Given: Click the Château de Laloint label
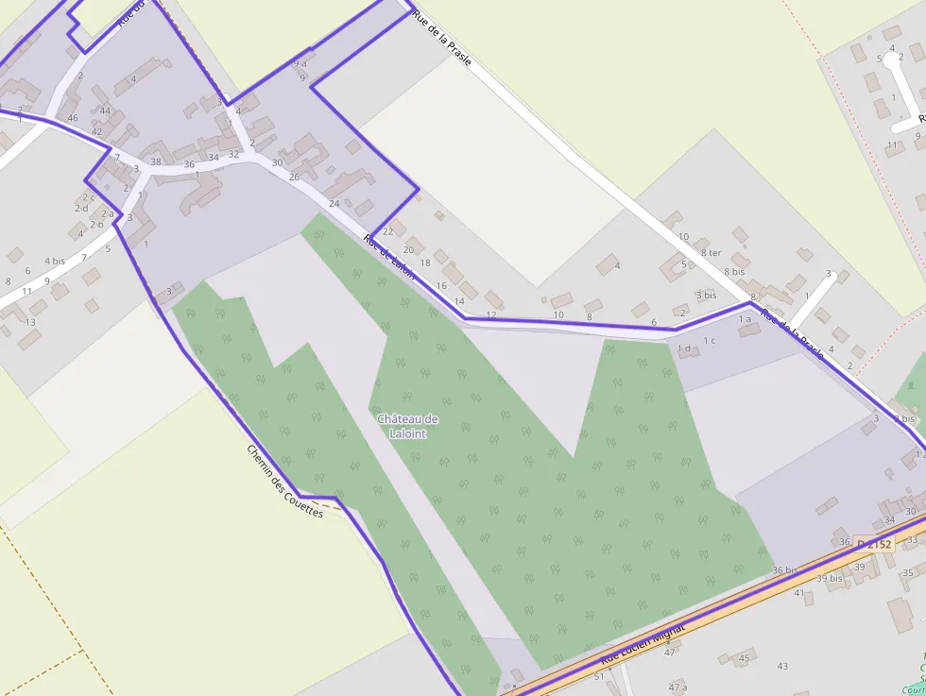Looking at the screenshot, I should pyautogui.click(x=407, y=426).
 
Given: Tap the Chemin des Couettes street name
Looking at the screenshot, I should pyautogui.click(x=284, y=481).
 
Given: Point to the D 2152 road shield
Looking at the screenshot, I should pyautogui.click(x=875, y=544).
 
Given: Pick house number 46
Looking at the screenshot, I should pyautogui.click(x=73, y=118).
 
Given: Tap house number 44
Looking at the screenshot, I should pyautogui.click(x=105, y=111).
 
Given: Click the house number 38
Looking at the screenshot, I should pyautogui.click(x=156, y=161).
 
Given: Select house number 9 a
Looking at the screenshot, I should pyautogui.click(x=300, y=63).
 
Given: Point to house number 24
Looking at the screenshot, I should pyautogui.click(x=334, y=203).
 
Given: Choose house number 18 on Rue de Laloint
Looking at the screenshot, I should pyautogui.click(x=425, y=263).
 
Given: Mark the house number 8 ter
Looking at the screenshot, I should pyautogui.click(x=712, y=252).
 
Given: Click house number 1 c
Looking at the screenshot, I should pyautogui.click(x=709, y=340).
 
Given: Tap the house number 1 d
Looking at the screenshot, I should pyautogui.click(x=684, y=348).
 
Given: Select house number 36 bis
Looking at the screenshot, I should pyautogui.click(x=785, y=570).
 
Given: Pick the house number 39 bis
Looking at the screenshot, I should pyautogui.click(x=829, y=578).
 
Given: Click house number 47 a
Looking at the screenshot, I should pyautogui.click(x=677, y=686).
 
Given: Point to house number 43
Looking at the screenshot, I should pyautogui.click(x=781, y=666).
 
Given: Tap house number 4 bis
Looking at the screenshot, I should pyautogui.click(x=55, y=261).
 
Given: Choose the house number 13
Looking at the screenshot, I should pyautogui.click(x=30, y=322).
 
